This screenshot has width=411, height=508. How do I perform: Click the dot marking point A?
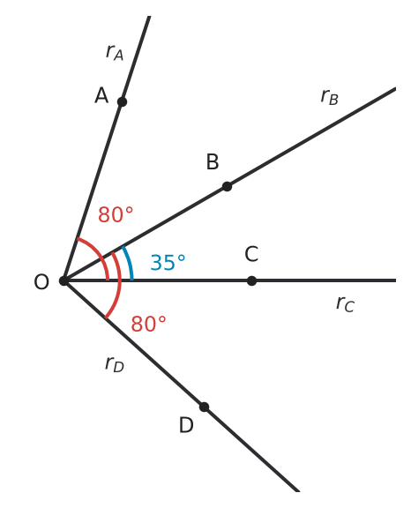click(122, 101)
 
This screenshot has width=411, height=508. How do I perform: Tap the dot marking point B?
click(227, 187)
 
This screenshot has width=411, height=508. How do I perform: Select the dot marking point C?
click(251, 280)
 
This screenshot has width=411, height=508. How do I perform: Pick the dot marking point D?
click(204, 407)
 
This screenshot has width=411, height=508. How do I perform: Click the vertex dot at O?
click(64, 280)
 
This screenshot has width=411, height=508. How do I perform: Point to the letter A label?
click(101, 95)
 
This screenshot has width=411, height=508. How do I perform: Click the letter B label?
click(213, 161)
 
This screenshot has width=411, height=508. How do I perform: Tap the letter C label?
click(251, 254)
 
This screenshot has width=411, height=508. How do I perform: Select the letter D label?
click(186, 425)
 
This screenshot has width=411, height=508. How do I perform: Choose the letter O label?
click(41, 281)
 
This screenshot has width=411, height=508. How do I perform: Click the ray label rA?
click(115, 52)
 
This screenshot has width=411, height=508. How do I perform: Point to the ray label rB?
click(329, 96)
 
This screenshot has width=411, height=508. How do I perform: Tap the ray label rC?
click(345, 303)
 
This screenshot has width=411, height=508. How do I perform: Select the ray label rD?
click(115, 363)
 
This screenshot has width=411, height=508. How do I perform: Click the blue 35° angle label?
click(168, 262)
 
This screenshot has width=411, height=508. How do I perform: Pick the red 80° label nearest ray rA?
click(116, 214)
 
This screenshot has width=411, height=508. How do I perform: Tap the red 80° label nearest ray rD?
click(148, 324)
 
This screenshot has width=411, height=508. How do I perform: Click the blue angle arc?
click(130, 262)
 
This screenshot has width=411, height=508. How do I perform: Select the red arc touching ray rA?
click(99, 253)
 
